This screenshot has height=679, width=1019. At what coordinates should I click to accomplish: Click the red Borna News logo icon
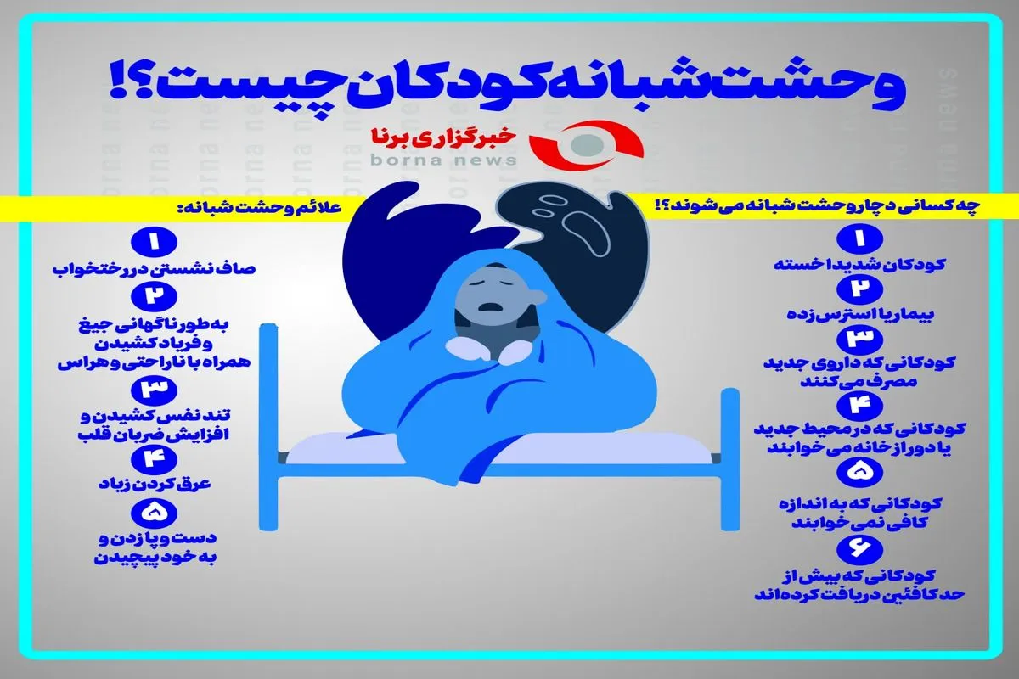(x=587, y=144)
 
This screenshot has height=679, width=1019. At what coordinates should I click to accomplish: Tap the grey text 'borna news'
(x=444, y=160)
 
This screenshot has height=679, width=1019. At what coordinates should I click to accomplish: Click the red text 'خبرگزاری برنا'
(x=444, y=137)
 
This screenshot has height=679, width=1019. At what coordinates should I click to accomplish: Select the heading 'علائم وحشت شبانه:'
(x=259, y=208)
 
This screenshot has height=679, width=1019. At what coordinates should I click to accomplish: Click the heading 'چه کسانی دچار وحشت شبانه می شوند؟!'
(x=818, y=206)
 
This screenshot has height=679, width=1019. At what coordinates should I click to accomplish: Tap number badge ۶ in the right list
(x=859, y=549)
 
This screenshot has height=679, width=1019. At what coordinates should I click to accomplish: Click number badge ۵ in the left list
(x=154, y=513)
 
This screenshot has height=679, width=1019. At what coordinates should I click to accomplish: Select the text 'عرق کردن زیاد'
(x=155, y=484)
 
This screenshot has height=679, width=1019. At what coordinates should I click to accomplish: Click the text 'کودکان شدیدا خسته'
(x=859, y=265)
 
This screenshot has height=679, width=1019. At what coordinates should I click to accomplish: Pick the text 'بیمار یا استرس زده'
(x=859, y=314)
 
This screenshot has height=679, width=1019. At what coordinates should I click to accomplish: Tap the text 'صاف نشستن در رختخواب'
(x=154, y=269)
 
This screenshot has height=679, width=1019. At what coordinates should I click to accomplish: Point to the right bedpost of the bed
(x=729, y=459)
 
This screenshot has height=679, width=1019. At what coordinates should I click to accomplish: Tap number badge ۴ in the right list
(x=859, y=406)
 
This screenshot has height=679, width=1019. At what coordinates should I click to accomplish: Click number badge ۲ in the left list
(x=154, y=296)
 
